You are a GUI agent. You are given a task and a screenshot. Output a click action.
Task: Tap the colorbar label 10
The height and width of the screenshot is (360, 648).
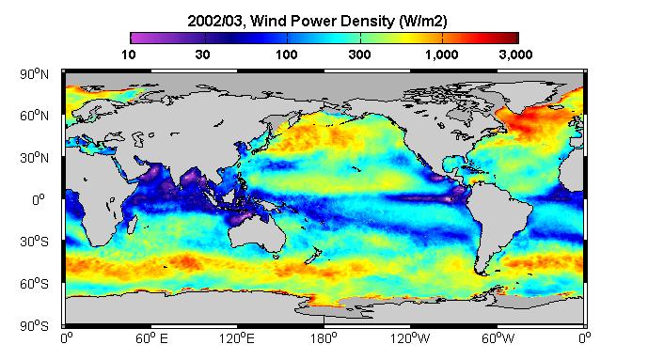129,55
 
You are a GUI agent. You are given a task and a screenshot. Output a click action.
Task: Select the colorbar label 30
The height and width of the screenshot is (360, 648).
202,55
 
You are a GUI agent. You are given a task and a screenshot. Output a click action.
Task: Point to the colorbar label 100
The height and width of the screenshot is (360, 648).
287,55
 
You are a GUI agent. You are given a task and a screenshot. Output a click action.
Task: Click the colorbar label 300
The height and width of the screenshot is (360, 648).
359,55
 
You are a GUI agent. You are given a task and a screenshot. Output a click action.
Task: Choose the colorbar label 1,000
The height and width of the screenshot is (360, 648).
442,55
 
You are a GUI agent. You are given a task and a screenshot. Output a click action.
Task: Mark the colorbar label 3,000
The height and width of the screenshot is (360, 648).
515,55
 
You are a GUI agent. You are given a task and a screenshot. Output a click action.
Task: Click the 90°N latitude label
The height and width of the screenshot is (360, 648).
34,74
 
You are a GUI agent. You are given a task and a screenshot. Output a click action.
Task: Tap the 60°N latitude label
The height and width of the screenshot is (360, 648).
34,116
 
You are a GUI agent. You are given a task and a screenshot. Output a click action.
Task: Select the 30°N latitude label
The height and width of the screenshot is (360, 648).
34,158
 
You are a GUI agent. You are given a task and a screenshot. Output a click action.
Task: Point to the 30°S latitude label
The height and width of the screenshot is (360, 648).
34,242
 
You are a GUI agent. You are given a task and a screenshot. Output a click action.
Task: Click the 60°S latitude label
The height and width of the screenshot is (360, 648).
34,284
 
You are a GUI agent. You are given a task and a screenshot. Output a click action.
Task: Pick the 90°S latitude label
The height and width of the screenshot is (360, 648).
34,326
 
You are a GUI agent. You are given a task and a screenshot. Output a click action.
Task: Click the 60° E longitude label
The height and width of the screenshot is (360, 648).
151,338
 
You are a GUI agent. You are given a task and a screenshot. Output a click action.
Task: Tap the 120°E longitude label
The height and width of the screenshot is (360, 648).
237,338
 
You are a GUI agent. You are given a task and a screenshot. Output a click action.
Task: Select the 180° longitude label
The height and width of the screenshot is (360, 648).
324,338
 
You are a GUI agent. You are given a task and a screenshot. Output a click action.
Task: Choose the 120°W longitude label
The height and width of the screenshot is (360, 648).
410,338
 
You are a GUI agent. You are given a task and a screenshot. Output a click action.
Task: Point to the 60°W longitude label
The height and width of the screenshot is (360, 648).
498,338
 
